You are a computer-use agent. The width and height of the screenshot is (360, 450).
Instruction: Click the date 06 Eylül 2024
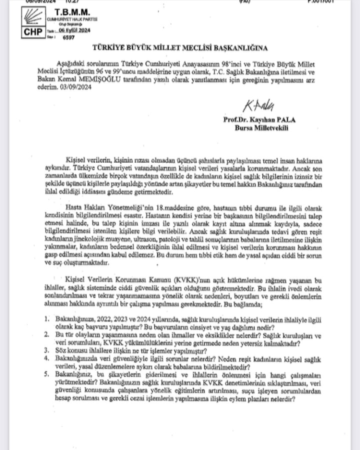72,30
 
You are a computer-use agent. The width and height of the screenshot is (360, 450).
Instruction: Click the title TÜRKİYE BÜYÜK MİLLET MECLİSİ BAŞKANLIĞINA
179,48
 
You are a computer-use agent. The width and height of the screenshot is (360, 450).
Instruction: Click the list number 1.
45,318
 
